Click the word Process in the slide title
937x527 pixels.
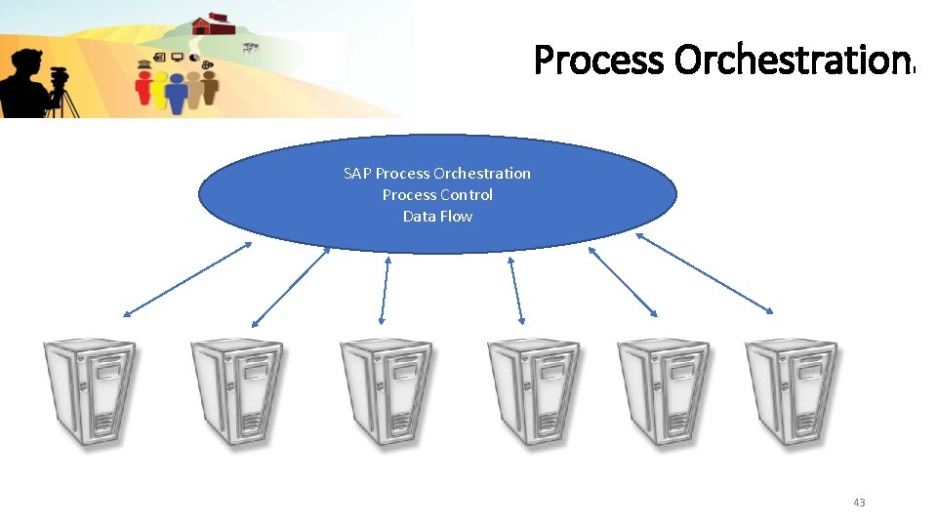pyautogui.click(x=599, y=61)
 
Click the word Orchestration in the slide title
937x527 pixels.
pyautogui.click(x=792, y=61)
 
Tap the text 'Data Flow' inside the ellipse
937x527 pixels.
pyautogui.click(x=437, y=217)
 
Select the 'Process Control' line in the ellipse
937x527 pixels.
pyautogui.click(x=437, y=195)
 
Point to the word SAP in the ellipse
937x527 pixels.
pyautogui.click(x=357, y=174)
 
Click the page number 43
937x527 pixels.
pyautogui.click(x=859, y=503)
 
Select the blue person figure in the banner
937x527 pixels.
pyautogui.click(x=176, y=93)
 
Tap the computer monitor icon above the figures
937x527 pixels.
pyautogui.click(x=178, y=58)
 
